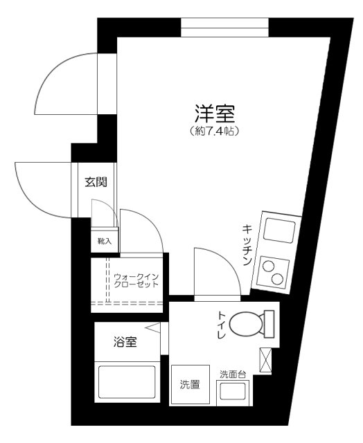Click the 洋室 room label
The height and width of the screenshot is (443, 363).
214,113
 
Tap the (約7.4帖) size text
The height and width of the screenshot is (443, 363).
214,131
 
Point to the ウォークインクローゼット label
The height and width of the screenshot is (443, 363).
136,280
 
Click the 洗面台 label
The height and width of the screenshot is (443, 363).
233,374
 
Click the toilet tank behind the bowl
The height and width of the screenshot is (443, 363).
268,324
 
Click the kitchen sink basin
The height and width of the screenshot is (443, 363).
276,230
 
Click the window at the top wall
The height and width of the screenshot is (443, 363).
224,28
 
